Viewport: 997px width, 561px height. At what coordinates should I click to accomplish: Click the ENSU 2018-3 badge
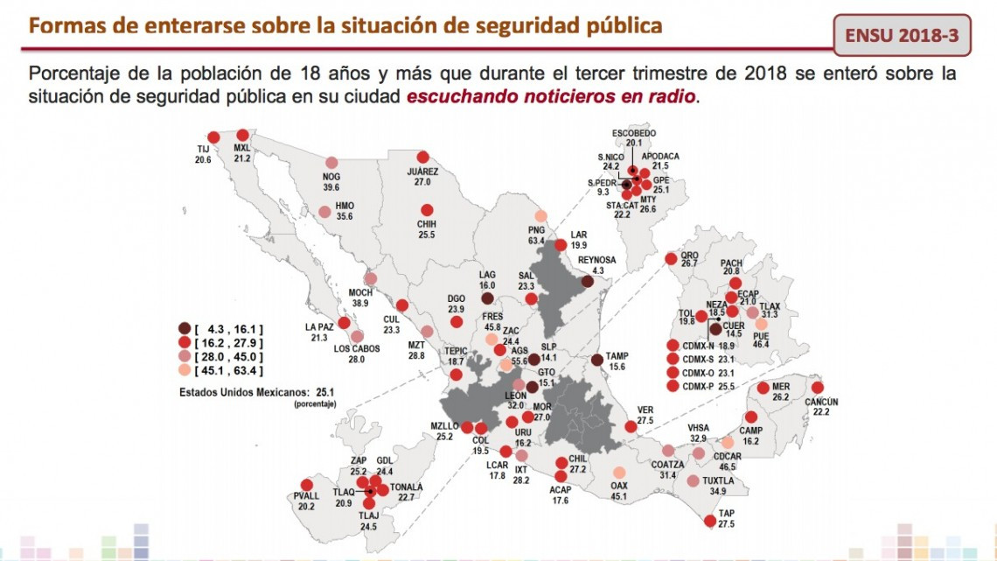click(902, 36)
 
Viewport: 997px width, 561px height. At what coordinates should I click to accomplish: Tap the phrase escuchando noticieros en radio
click(552, 95)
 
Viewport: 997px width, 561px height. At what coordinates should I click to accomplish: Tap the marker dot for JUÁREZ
click(423, 157)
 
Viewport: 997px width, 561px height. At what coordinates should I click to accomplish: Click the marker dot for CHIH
click(428, 210)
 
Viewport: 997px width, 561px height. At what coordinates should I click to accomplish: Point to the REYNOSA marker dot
click(587, 282)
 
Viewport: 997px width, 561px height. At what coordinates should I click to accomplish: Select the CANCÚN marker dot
click(817, 388)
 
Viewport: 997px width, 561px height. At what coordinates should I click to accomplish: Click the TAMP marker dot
click(596, 360)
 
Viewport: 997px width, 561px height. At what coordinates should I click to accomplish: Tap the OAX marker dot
click(619, 473)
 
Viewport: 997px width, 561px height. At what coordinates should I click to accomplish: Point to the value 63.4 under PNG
click(536, 241)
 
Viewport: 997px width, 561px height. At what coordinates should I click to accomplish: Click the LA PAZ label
click(317, 327)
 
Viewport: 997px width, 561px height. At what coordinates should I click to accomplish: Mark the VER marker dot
click(631, 427)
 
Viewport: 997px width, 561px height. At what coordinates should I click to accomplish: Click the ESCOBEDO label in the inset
click(633, 132)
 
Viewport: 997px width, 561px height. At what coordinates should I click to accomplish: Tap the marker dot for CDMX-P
click(673, 386)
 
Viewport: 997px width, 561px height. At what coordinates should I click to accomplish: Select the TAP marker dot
click(708, 522)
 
